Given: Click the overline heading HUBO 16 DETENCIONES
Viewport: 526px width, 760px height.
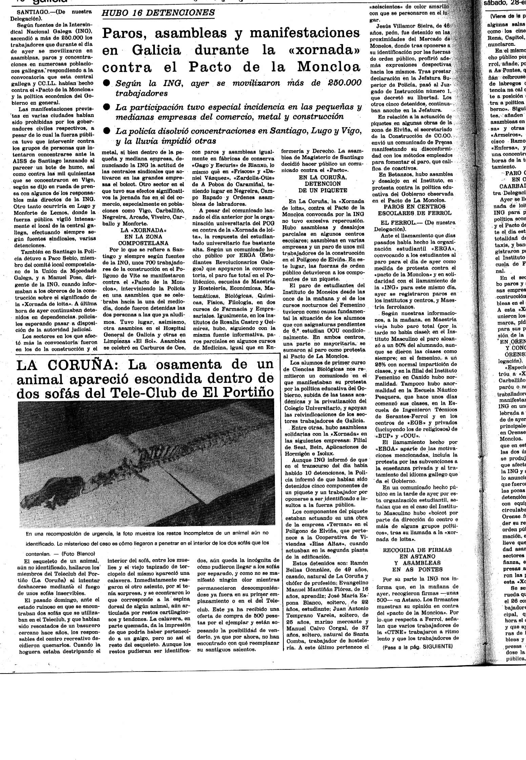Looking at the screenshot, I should [x=158, y=13].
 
